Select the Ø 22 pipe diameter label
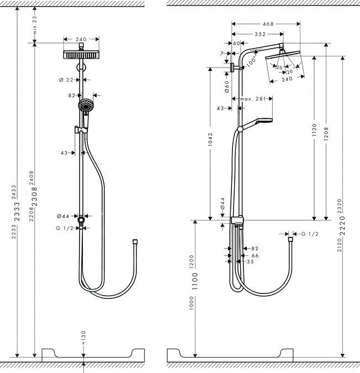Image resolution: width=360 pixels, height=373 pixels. tap(66, 80)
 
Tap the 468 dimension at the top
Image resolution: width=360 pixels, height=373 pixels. tap(267, 24)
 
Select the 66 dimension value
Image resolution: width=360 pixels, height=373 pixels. tap(255, 256)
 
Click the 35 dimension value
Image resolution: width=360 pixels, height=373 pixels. tap(250, 262)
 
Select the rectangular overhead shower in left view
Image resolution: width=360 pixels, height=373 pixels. tap(82, 56)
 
